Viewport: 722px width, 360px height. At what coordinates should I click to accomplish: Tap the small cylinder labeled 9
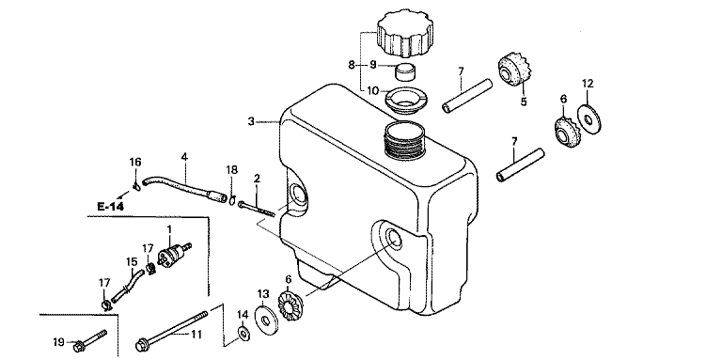[x=405, y=72]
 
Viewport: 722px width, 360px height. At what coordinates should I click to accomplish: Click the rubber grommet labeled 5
[x=515, y=71]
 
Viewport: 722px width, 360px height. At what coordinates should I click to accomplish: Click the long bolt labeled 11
[x=172, y=330]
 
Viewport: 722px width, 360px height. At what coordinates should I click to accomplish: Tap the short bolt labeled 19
[x=90, y=339]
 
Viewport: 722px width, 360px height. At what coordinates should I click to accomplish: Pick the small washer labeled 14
[x=243, y=332]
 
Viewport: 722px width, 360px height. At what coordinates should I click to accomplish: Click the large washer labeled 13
[x=266, y=320]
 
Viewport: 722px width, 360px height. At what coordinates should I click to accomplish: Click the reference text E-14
[x=111, y=207]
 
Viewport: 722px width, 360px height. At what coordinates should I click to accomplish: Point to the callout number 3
[x=251, y=121]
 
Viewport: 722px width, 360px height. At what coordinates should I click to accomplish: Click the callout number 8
[x=352, y=66]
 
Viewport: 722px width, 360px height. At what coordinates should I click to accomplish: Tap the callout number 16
[x=135, y=162]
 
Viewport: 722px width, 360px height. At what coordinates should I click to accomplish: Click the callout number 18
[x=231, y=170]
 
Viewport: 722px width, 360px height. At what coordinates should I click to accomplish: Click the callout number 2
[x=257, y=179]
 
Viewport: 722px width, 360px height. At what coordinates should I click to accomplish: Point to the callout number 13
[x=262, y=293]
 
